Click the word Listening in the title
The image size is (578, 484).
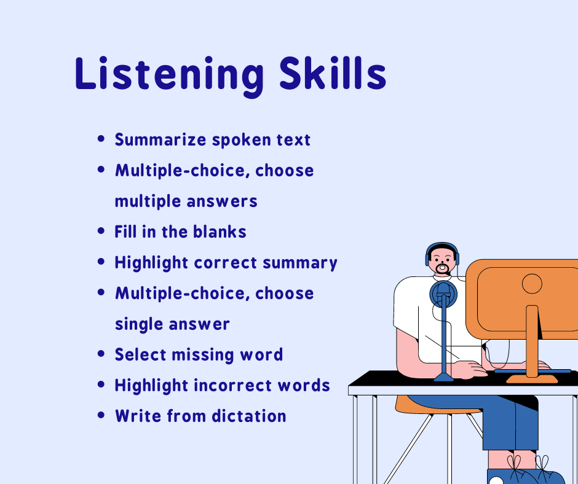tap(169, 76)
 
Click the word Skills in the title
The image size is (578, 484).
tap(333, 73)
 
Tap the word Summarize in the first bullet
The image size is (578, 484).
tap(160, 140)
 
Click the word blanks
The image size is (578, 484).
tap(220, 232)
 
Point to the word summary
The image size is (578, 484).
tap(300, 263)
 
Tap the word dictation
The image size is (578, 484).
tap(249, 416)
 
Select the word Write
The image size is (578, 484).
tap(138, 416)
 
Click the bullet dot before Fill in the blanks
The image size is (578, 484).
tap(101, 231)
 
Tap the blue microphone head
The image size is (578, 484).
tap(443, 294)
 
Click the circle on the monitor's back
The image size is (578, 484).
tap(532, 284)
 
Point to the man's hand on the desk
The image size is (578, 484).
tap(470, 369)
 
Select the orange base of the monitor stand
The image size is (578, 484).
tap(532, 380)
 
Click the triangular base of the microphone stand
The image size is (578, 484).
tap(444, 377)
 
